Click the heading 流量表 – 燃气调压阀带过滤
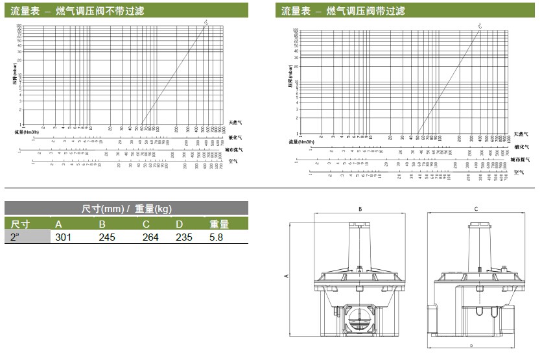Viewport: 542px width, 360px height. pyautogui.click(x=343, y=10)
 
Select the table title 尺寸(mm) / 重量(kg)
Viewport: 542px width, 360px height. pyautogui.click(x=126, y=208)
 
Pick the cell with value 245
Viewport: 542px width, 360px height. pyautogui.click(x=107, y=237)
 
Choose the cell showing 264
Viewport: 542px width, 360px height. pyautogui.click(x=150, y=237)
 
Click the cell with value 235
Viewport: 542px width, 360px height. pyautogui.click(x=184, y=237)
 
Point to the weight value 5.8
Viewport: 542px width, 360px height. pyautogui.click(x=217, y=237)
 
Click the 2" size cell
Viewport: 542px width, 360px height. pyautogui.click(x=15, y=237)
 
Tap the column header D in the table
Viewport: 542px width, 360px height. pyautogui.click(x=179, y=224)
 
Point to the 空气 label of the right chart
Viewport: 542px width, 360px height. pyautogui.click(x=518, y=172)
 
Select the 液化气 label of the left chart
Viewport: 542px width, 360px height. pyautogui.click(x=235, y=138)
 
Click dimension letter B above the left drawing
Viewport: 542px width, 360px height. pyautogui.click(x=360, y=210)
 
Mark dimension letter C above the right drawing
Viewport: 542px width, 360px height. pyautogui.click(x=476, y=210)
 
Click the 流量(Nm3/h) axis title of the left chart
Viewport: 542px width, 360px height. pyautogui.click(x=28, y=132)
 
